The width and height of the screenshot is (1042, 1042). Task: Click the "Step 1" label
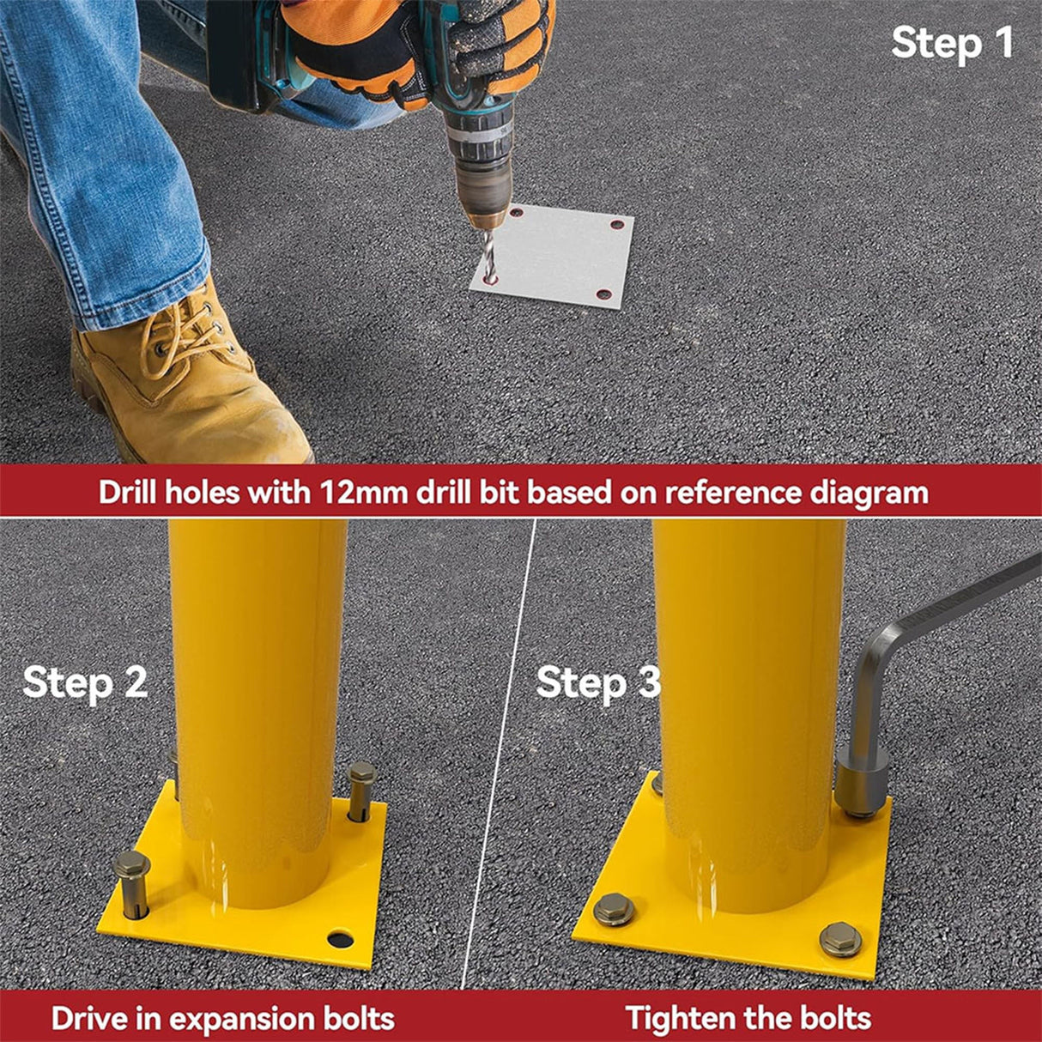[952, 43]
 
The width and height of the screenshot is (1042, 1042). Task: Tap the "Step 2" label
[85, 682]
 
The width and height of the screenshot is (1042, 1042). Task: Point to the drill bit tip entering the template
[489, 276]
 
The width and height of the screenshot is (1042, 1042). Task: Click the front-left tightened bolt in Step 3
[614, 909]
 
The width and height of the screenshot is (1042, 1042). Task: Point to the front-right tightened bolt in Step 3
[840, 939]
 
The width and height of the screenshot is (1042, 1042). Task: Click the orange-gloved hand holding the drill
[378, 51]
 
